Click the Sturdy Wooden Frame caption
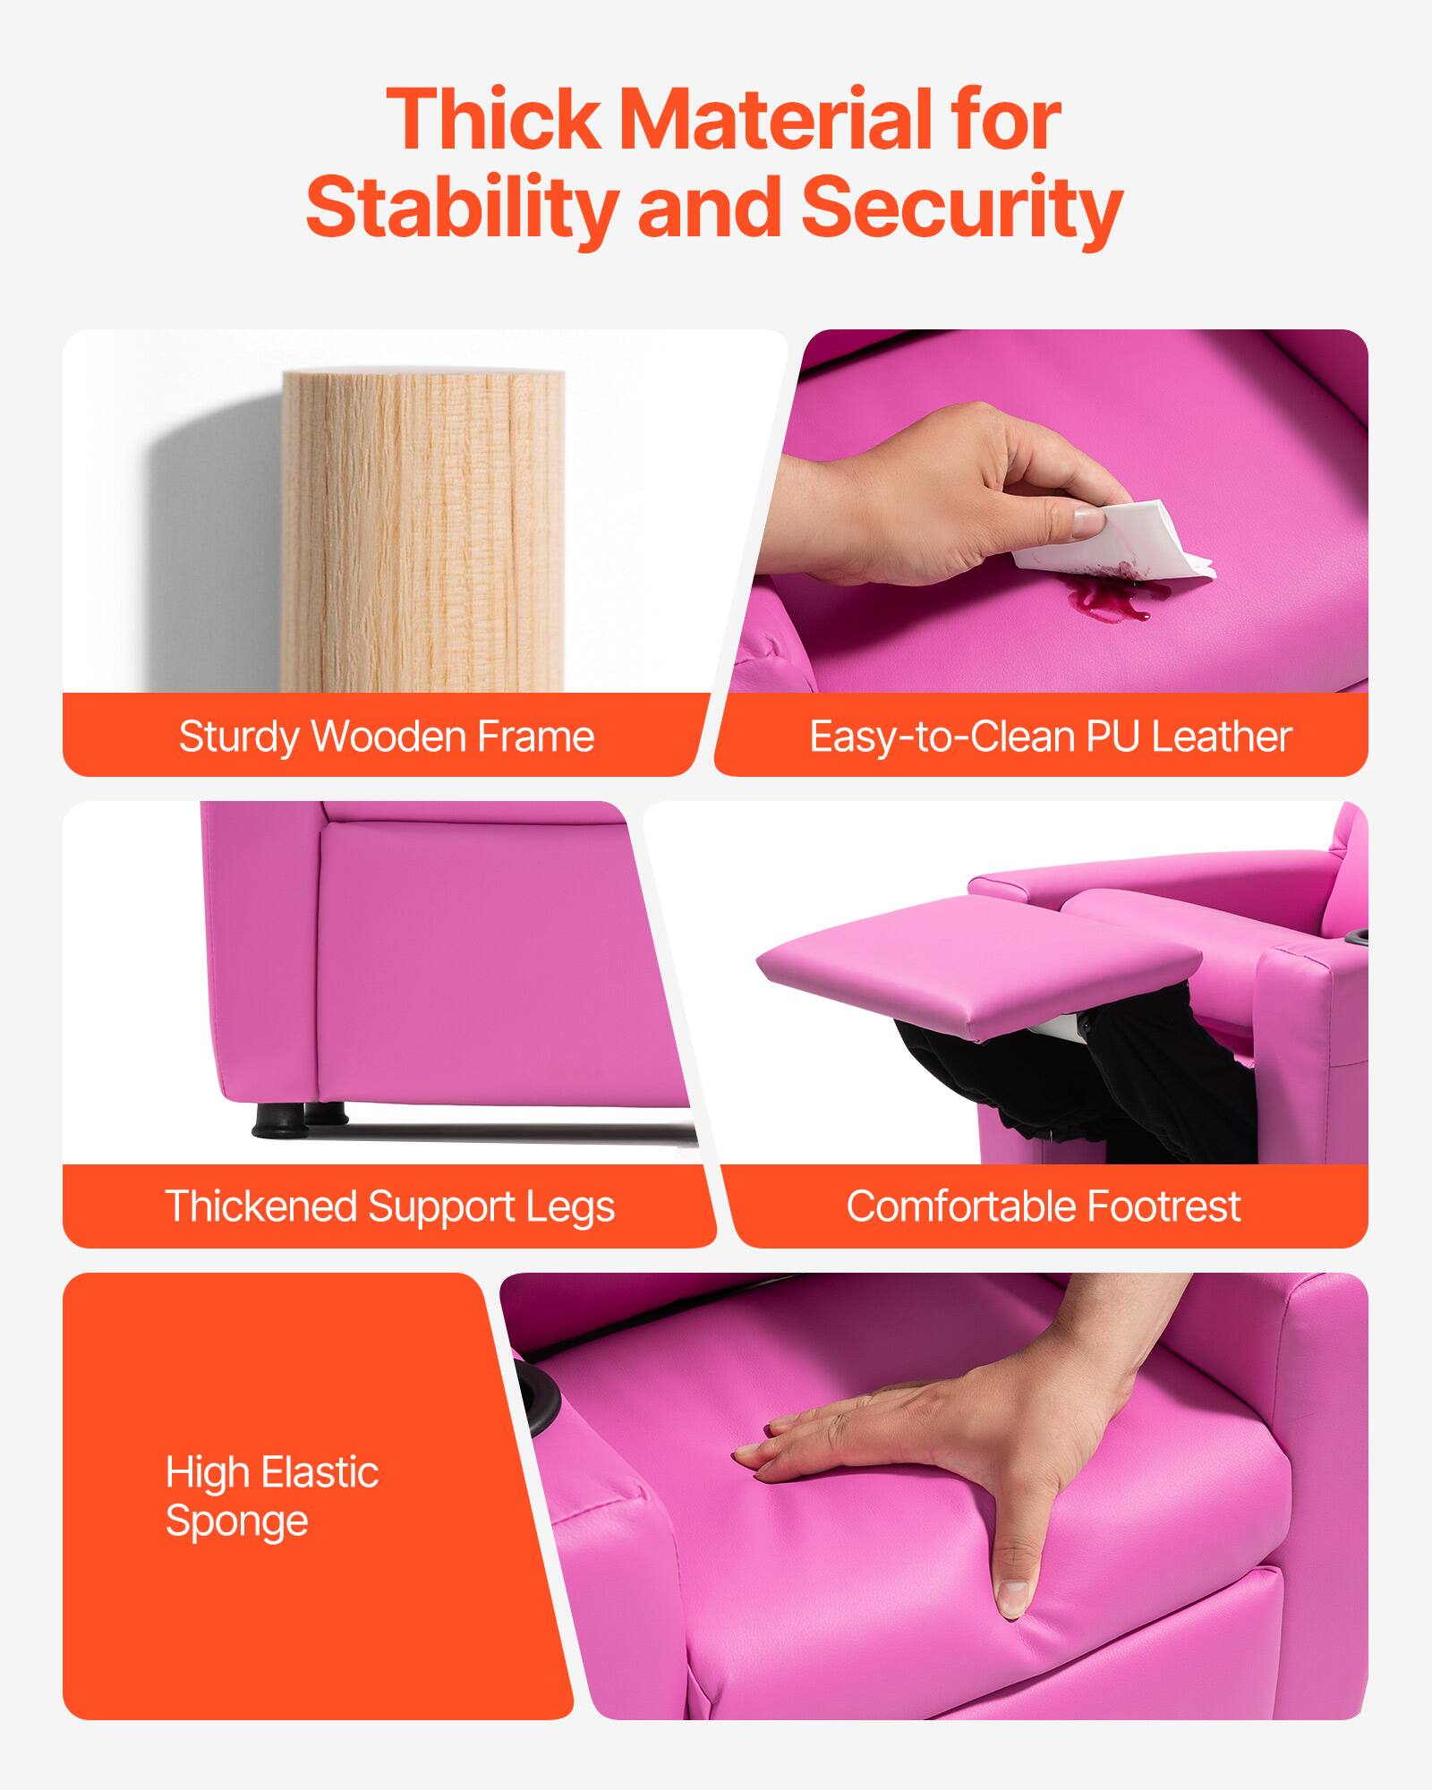pyautogui.click(x=386, y=737)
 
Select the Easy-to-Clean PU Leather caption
pyautogui.click(x=1050, y=737)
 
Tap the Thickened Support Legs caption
pyautogui.click(x=389, y=1206)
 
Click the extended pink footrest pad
pyautogui.click(x=976, y=971)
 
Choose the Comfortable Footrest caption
pyautogui.click(x=1043, y=1206)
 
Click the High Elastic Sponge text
pyautogui.click(x=271, y=1497)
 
